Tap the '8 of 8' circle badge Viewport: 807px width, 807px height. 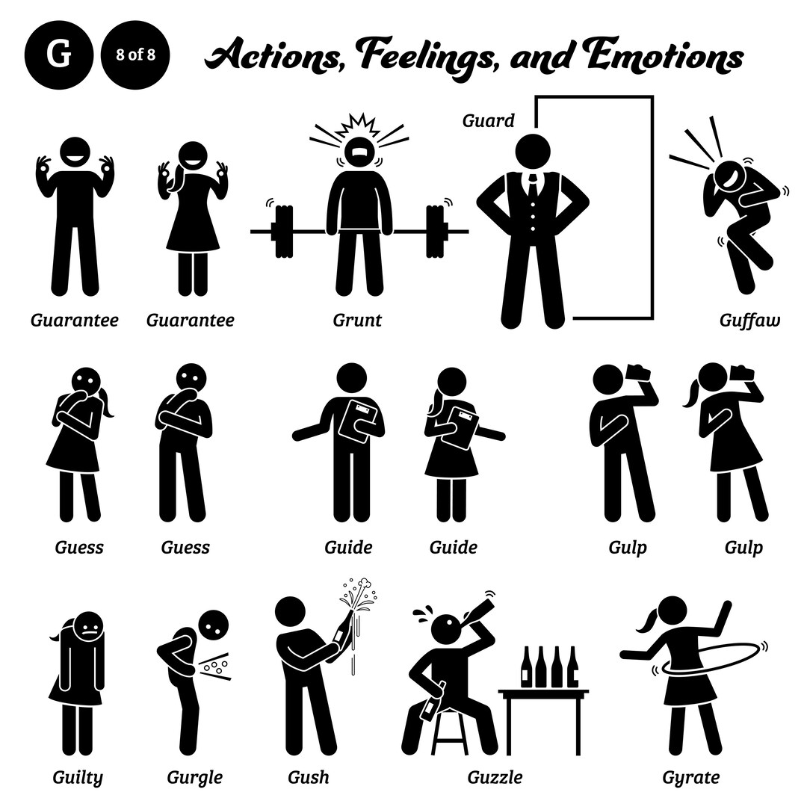[135, 55]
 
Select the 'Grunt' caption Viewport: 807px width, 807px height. [357, 321]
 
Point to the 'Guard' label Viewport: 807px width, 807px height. [488, 120]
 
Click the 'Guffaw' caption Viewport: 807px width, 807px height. [749, 321]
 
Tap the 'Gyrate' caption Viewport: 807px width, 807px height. [690, 777]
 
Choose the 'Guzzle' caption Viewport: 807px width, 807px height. [495, 777]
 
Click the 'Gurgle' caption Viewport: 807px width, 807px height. [195, 777]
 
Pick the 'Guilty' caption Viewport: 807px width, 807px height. [78, 777]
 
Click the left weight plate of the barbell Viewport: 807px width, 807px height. [282, 232]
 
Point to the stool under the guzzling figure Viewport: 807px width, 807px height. [449, 733]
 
